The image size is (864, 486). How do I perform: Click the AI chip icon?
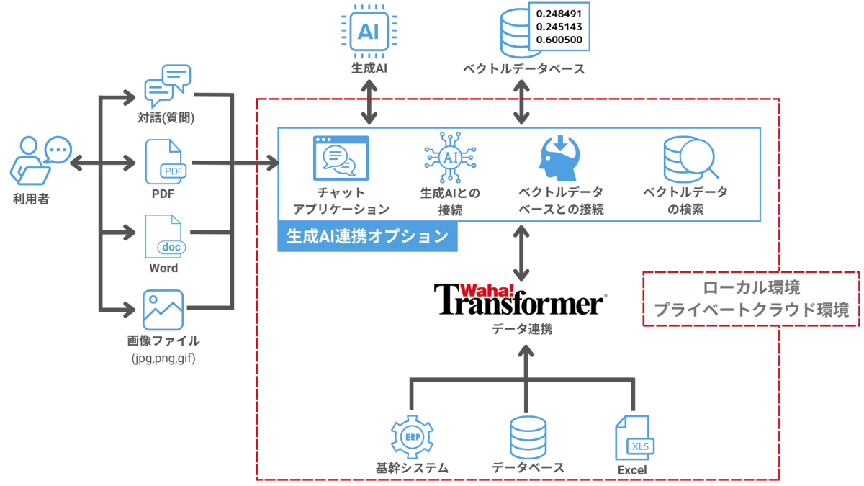click(369, 30)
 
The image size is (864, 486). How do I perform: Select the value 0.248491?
click(559, 13)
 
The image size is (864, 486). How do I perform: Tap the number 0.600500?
click(559, 40)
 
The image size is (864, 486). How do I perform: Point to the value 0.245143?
click(559, 26)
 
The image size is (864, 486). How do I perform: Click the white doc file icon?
click(165, 235)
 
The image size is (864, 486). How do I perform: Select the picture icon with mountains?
click(163, 310)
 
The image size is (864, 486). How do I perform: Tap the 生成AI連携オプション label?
click(368, 237)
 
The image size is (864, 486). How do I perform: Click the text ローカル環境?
click(750, 288)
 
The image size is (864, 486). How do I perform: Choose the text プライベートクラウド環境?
click(751, 310)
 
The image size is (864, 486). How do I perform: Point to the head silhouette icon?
click(558, 157)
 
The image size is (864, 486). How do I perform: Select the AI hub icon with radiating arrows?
click(449, 158)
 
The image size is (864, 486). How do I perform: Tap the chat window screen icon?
click(341, 158)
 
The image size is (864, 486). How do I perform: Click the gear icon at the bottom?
click(412, 437)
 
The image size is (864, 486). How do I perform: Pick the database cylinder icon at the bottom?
click(526, 437)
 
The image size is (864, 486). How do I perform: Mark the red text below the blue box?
click(487, 290)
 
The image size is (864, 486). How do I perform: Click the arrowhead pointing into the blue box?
click(271, 161)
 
